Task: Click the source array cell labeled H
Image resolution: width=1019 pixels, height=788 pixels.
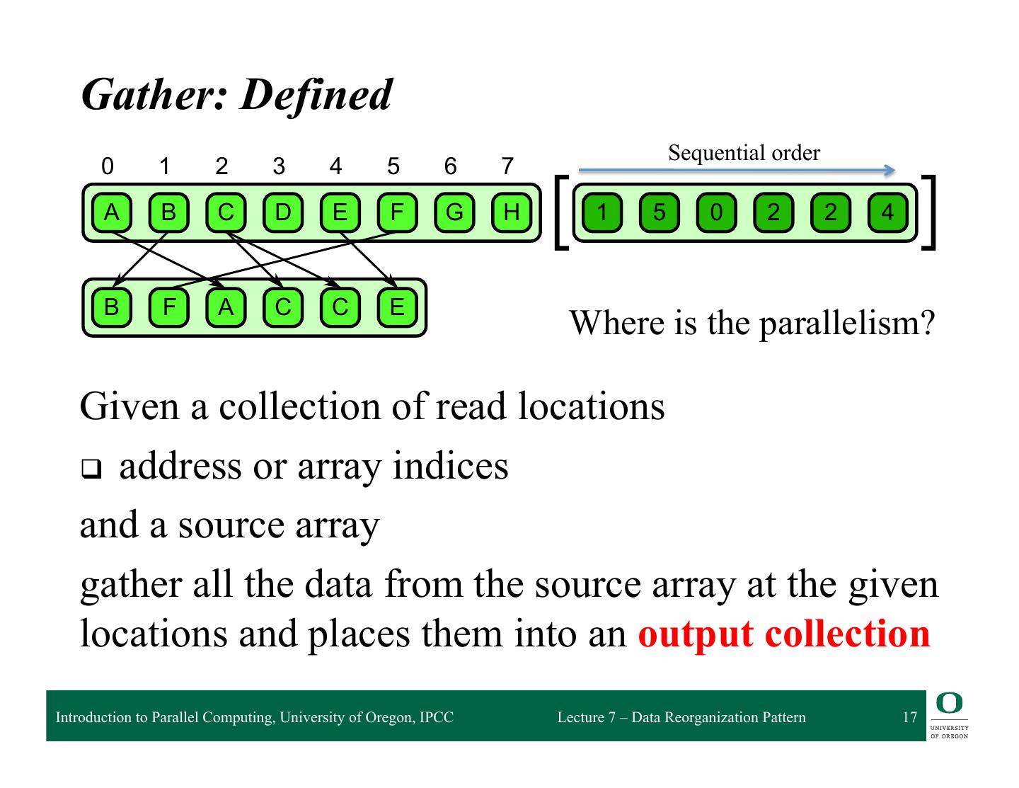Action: (512, 212)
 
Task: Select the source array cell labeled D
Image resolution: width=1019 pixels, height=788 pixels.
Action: (282, 212)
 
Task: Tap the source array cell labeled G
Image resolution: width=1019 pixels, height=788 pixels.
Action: (454, 212)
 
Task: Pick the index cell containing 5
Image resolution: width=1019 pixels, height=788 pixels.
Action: (659, 212)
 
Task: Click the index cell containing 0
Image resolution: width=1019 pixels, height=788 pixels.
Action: (716, 212)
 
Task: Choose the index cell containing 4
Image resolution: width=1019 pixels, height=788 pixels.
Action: (887, 212)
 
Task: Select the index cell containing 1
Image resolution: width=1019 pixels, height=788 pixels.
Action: (601, 212)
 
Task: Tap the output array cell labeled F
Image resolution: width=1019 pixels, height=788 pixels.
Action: (168, 307)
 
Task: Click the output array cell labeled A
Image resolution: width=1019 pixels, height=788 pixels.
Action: (226, 307)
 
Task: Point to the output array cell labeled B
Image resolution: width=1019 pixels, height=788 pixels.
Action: (111, 307)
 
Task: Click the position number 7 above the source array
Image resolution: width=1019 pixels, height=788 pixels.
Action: (507, 166)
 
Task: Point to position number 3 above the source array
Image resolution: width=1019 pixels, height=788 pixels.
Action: (279, 166)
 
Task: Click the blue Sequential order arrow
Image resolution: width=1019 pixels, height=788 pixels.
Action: (736, 170)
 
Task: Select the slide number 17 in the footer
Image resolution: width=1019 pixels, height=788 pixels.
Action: (909, 717)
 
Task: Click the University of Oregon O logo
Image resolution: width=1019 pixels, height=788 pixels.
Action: (949, 703)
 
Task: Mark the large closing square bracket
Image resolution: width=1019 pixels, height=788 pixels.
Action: (930, 212)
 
